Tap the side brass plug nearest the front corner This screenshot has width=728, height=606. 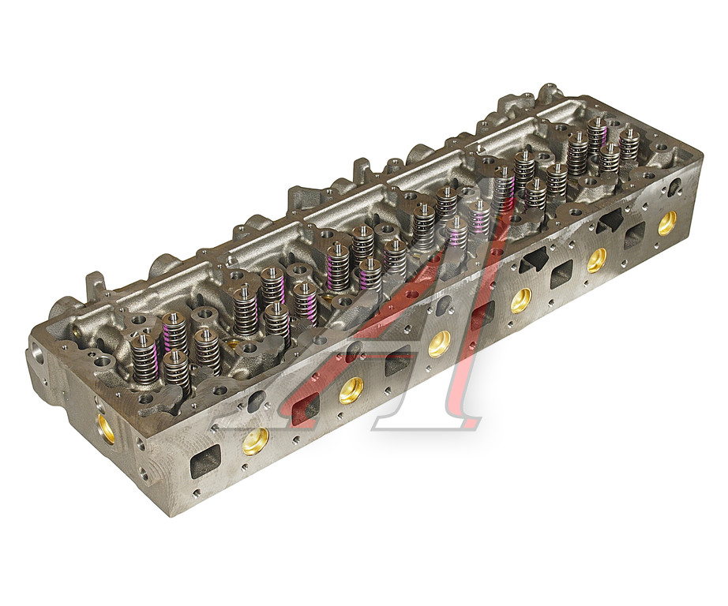(x=256, y=440)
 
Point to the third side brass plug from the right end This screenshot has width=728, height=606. (x=521, y=301)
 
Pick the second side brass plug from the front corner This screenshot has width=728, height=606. (x=351, y=391)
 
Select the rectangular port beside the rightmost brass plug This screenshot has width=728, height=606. (x=634, y=235)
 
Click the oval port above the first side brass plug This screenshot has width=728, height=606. (x=255, y=399)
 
